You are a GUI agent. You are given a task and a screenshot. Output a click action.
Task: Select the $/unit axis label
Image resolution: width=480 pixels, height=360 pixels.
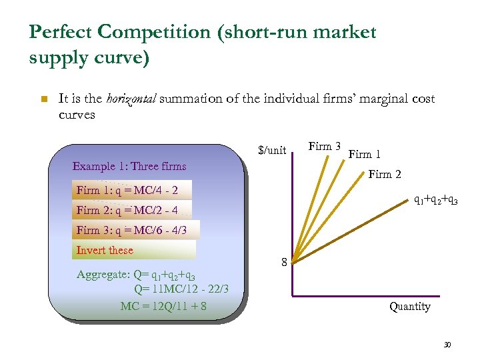coord(272,151)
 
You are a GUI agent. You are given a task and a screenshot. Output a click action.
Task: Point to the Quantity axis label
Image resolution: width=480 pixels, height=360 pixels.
coord(410,307)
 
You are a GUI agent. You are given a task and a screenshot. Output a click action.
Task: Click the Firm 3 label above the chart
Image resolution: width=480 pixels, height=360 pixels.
coord(325,147)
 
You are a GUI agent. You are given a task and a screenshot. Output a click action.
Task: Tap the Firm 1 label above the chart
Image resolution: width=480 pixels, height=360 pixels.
coord(365,155)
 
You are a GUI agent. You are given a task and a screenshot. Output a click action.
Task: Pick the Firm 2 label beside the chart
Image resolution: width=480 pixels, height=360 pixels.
coord(385,175)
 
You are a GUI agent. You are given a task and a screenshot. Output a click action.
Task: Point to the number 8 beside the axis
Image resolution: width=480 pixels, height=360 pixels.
coord(285,263)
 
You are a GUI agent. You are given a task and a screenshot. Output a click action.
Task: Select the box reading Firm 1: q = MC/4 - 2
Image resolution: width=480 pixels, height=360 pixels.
coord(127,190)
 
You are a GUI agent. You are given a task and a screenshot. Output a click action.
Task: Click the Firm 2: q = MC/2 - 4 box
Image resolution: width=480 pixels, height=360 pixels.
coord(127,210)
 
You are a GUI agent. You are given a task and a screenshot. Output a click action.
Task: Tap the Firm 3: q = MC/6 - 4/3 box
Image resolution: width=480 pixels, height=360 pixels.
coord(132,230)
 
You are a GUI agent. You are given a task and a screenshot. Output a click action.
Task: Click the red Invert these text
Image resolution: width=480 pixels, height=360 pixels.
coord(105,250)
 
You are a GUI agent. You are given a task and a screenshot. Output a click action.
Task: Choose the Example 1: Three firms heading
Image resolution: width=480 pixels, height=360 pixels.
coord(129,166)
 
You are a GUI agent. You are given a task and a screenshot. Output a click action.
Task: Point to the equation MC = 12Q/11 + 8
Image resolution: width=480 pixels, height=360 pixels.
coord(163,306)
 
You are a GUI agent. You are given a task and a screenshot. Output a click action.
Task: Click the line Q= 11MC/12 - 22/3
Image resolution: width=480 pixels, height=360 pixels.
coord(181,289)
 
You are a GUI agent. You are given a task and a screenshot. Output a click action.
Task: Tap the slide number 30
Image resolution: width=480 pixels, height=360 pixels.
coord(447,345)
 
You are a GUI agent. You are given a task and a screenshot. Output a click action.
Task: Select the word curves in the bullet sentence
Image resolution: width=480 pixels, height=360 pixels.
coord(77,115)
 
